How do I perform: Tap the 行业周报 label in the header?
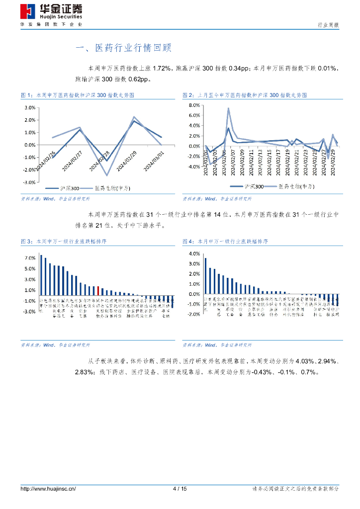328,25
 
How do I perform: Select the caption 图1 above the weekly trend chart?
78,94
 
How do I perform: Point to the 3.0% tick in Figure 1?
29,107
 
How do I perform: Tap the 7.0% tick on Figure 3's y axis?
29,258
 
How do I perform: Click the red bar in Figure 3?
98,290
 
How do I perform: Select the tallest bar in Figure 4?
205,276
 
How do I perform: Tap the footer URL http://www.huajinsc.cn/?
48,489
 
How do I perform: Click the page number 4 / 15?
180,489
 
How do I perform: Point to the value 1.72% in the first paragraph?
162,68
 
